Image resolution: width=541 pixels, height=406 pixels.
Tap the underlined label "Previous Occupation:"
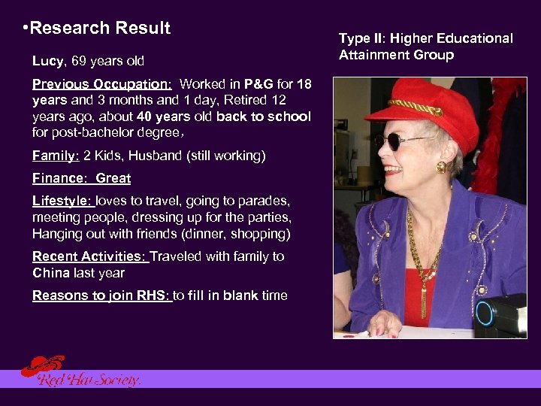(x=102, y=84)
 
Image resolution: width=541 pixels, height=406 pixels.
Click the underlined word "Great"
(x=113, y=179)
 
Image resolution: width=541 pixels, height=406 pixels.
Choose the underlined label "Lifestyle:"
(x=62, y=201)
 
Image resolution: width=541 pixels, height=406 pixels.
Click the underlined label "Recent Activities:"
(x=89, y=256)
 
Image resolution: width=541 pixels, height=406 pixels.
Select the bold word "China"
(x=50, y=273)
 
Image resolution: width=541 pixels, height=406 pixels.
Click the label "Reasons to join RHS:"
(x=102, y=295)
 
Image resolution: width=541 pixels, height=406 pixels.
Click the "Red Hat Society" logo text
(x=90, y=380)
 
